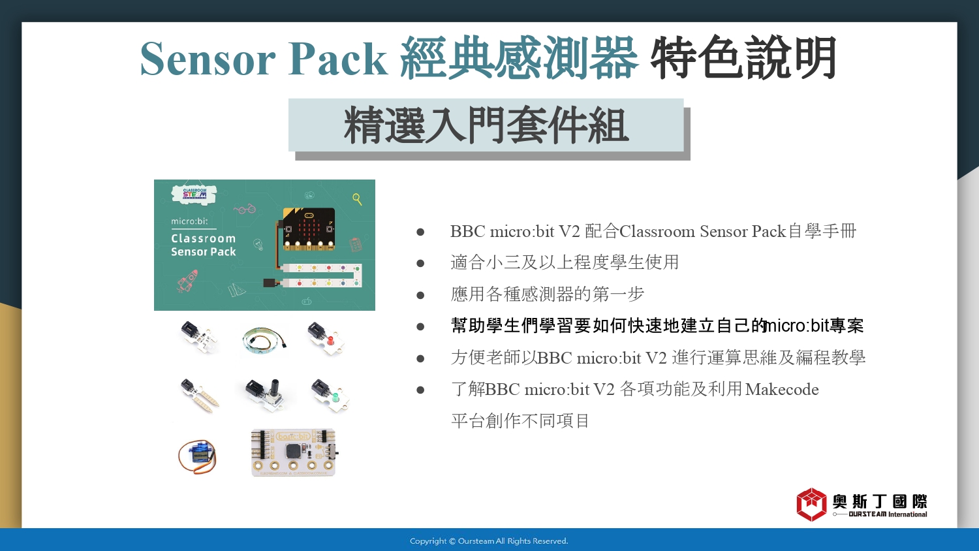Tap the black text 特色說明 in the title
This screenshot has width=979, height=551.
click(x=743, y=57)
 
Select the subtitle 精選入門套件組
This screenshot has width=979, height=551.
click(x=486, y=125)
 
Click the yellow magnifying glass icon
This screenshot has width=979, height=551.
click(x=357, y=199)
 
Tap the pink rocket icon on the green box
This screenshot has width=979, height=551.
click(x=187, y=281)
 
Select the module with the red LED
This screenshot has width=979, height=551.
click(x=326, y=338)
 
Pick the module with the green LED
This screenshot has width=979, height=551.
click(x=330, y=396)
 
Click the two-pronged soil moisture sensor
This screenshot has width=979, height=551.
click(x=199, y=395)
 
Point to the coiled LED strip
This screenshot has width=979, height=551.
click(x=264, y=339)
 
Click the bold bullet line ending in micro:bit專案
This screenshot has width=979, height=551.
click(x=657, y=326)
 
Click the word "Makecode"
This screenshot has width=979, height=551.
click(x=782, y=389)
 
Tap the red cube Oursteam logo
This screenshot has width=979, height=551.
click(x=812, y=505)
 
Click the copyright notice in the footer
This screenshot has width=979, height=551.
click(x=489, y=541)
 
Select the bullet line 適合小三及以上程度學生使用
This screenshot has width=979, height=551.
click(x=565, y=262)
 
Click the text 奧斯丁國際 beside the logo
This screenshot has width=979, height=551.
click(x=879, y=501)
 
